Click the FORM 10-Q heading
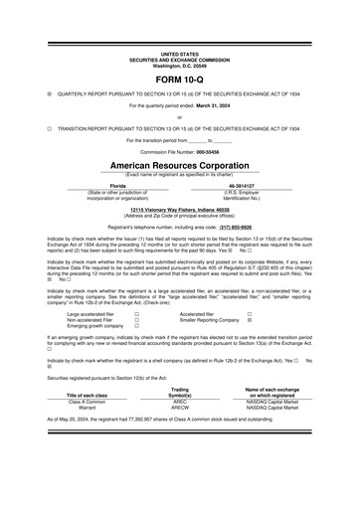pos(179,76)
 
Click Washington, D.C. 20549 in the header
pos(179,63)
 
